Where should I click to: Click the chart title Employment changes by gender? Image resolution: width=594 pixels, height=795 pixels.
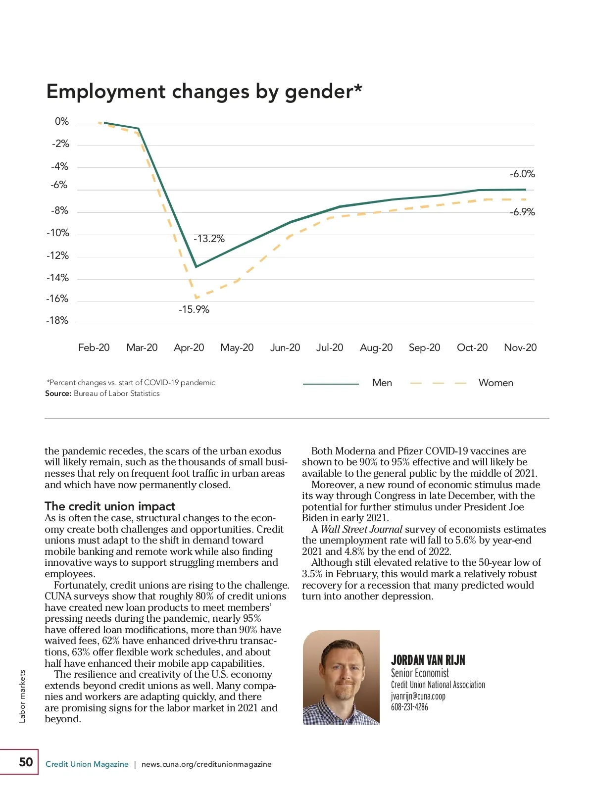coord(204,92)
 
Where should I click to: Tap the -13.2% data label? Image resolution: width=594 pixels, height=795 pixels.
coord(209,239)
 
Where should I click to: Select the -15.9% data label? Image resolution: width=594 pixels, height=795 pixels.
coord(194,309)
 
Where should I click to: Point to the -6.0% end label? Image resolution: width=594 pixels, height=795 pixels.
coord(522,174)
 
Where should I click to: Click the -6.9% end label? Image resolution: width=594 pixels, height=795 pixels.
coord(522,212)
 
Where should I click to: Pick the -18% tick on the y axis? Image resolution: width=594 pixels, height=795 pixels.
coord(57,321)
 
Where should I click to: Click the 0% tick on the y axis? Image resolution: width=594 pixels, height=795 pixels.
coord(62,122)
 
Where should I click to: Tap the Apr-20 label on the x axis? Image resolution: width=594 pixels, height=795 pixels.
coord(189,348)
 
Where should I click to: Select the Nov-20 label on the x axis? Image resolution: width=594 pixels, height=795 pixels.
coord(520,348)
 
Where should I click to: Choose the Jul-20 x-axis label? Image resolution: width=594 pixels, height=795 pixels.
coord(330,348)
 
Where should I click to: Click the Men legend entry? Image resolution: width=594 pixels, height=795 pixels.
coord(382,383)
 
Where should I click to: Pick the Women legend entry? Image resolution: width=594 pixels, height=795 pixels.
coord(495,383)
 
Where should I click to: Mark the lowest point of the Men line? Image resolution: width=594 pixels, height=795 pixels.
coord(196,267)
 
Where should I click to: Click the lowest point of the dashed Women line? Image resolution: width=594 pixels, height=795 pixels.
coord(196,298)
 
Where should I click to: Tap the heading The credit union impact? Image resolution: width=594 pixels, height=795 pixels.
coord(110,506)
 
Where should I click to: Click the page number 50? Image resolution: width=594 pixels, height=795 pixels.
coord(26,762)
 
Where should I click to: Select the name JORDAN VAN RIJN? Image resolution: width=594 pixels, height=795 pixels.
coord(428,660)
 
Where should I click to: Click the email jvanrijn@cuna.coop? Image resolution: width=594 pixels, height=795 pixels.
coord(418,696)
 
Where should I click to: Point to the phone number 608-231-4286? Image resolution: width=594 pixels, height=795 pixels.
coord(409,707)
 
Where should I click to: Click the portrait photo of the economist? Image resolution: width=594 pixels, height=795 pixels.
coord(341,677)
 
